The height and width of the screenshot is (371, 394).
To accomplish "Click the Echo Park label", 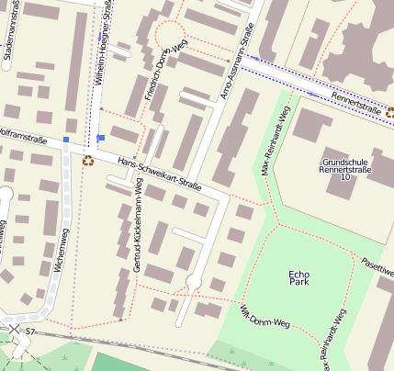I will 299,278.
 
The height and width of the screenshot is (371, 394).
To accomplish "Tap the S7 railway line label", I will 30,331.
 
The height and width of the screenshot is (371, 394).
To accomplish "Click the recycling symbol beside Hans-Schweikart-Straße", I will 88,161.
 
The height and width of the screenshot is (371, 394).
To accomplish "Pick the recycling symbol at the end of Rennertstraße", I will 389,113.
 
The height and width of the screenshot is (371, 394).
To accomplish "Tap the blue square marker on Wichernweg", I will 66,140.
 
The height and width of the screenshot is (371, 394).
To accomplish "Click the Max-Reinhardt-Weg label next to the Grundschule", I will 276,142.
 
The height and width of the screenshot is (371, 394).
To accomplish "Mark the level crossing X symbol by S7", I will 14,328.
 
